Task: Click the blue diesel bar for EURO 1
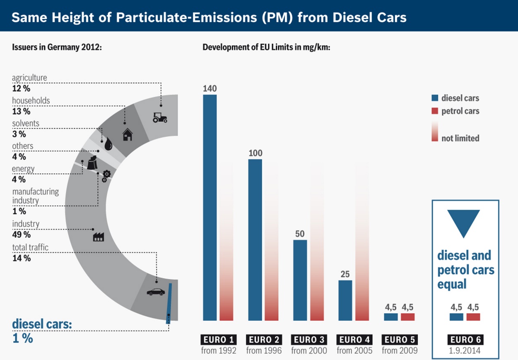pyautogui.click(x=210, y=207)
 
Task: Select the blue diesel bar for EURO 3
pyautogui.click(x=300, y=280)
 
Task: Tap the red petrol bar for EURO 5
pyautogui.click(x=407, y=317)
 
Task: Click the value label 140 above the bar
pyautogui.click(x=210, y=88)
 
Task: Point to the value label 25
pyautogui.click(x=345, y=274)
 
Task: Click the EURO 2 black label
pyautogui.click(x=264, y=340)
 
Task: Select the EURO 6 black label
pyautogui.click(x=465, y=340)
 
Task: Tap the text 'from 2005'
pyautogui.click(x=354, y=351)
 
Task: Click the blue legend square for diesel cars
pyautogui.click(x=434, y=98)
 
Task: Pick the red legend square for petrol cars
pyautogui.click(x=434, y=111)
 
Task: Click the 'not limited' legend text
pyautogui.click(x=460, y=138)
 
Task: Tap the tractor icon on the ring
pyautogui.click(x=160, y=118)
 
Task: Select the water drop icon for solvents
pyautogui.click(x=108, y=144)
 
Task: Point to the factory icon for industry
pyautogui.click(x=99, y=237)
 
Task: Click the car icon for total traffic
pyautogui.click(x=155, y=292)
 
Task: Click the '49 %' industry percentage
pyautogui.click(x=21, y=235)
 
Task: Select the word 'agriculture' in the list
pyautogui.click(x=29, y=78)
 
